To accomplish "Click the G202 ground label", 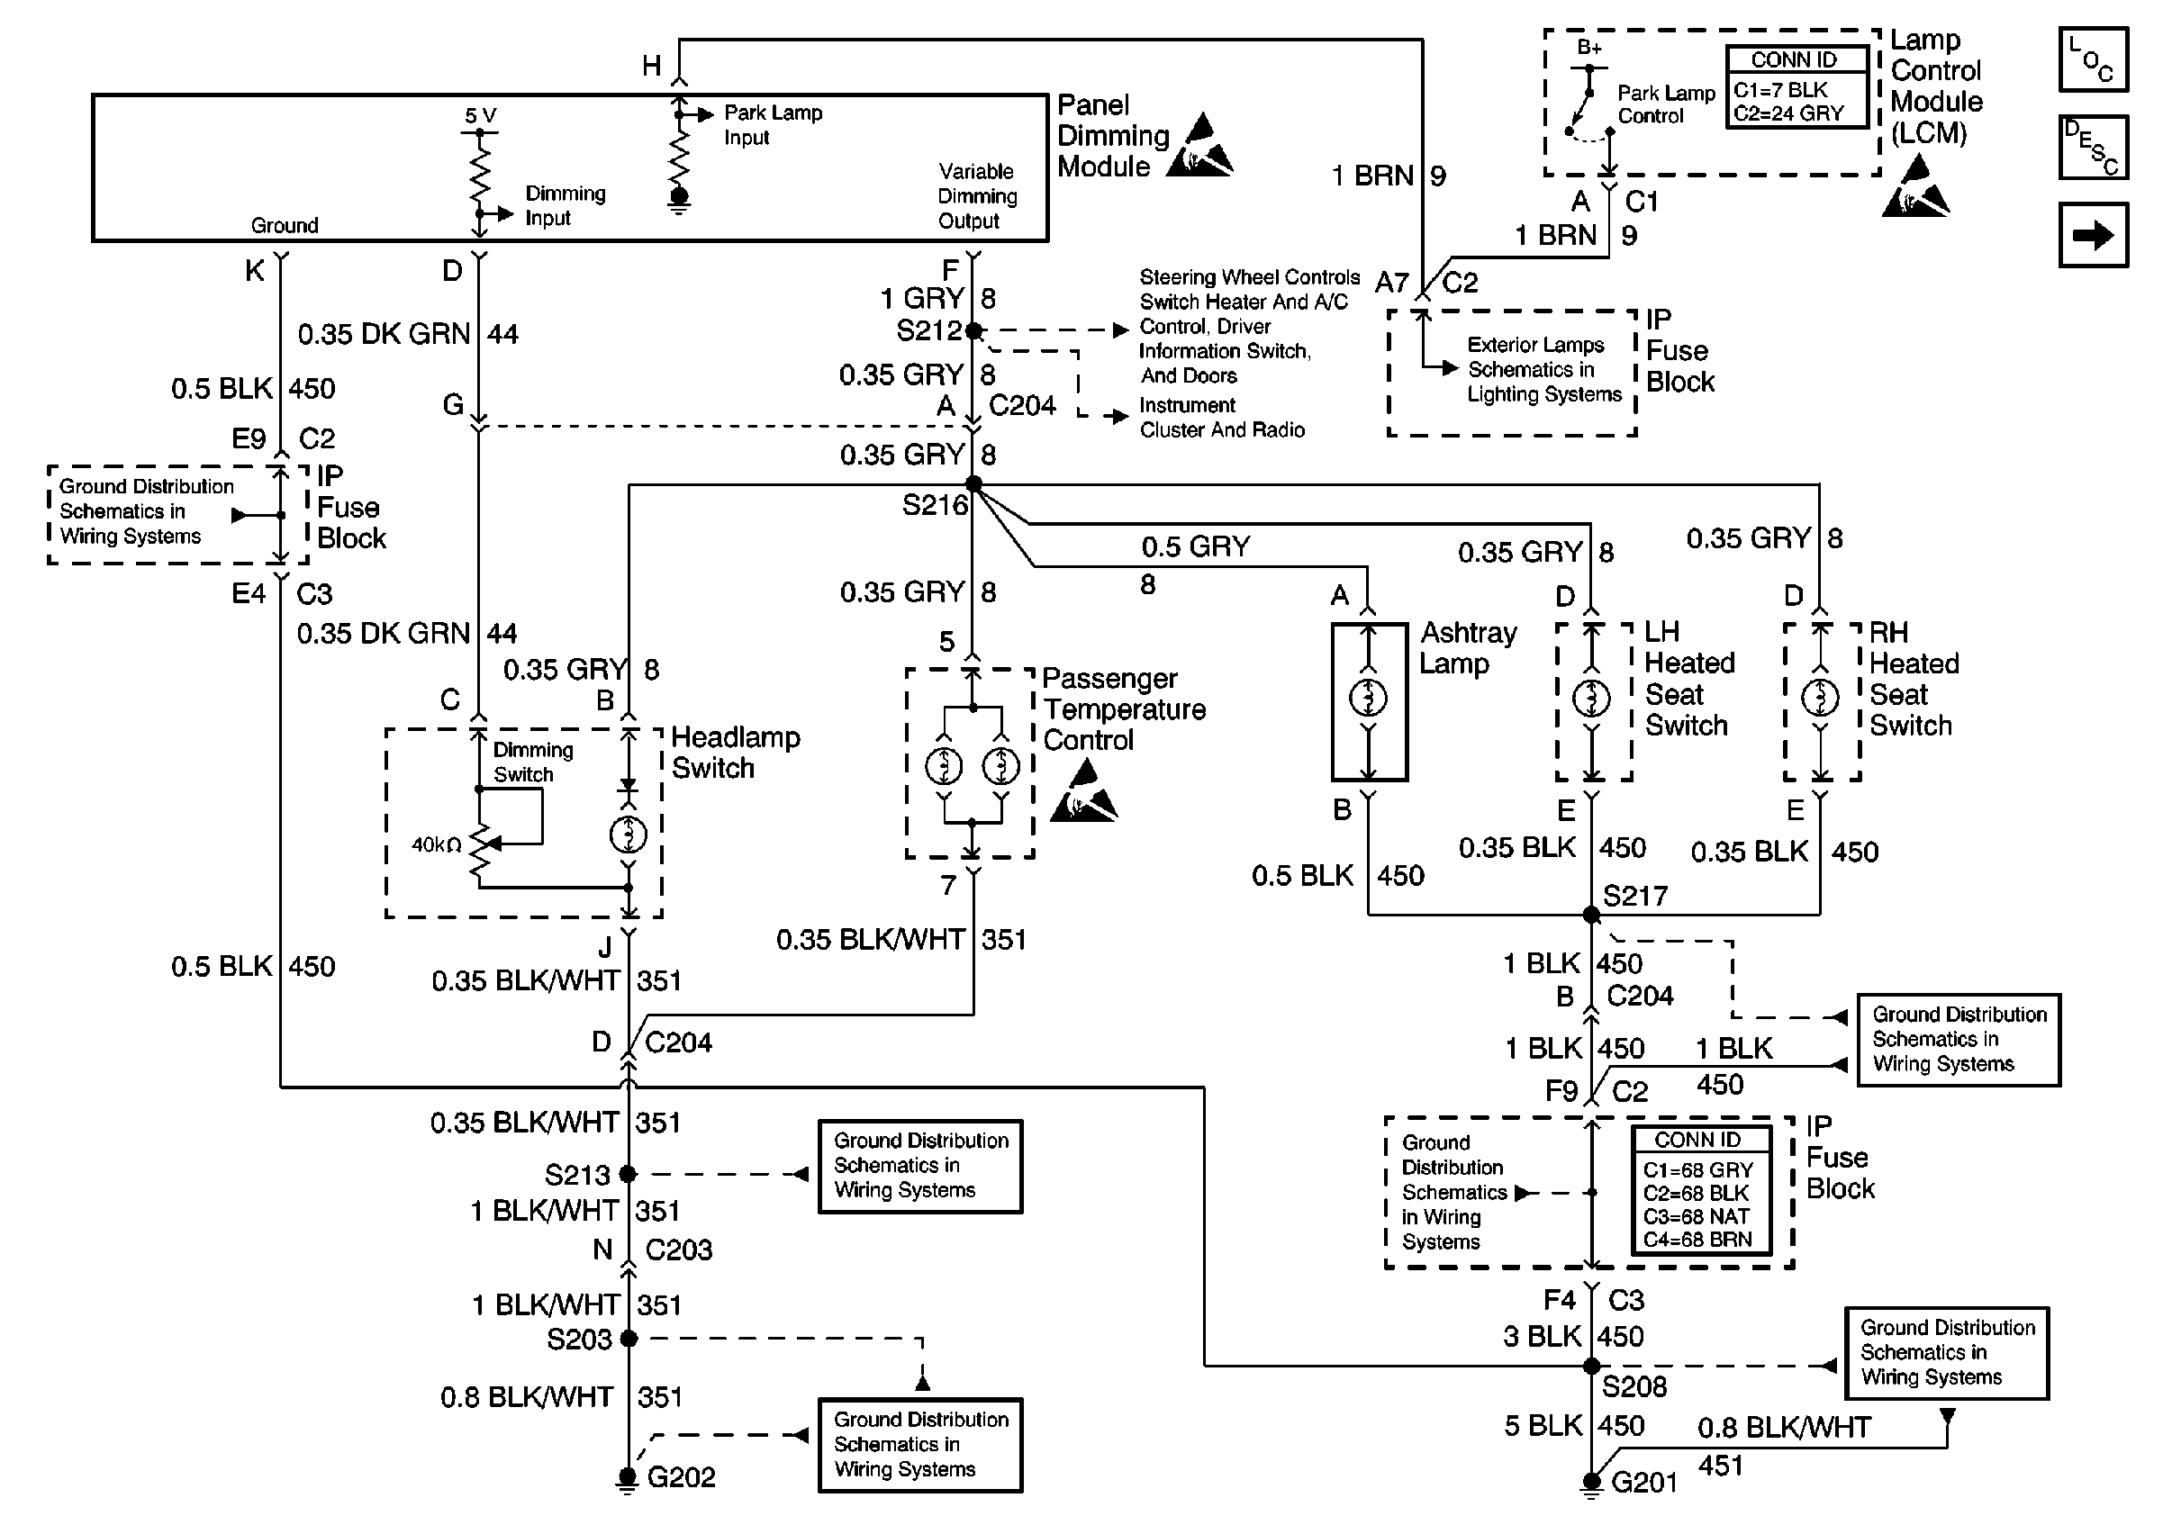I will [x=681, y=1476].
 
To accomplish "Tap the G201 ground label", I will [x=1644, y=1482].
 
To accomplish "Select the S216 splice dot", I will [x=973, y=485].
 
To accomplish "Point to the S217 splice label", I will [x=1635, y=896].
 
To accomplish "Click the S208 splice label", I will [x=1634, y=1386].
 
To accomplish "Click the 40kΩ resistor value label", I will [x=436, y=844].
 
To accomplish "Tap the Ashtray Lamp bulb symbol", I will [x=1368, y=698].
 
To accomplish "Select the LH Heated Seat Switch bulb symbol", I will [x=1592, y=698].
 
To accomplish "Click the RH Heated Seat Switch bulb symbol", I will [x=1820, y=698].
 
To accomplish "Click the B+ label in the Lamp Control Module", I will [x=1589, y=47].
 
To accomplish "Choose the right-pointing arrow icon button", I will [x=2094, y=235].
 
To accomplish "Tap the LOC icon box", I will [x=2094, y=59].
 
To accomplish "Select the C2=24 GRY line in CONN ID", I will [x=1788, y=113].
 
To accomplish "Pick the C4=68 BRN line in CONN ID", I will [x=1697, y=1239].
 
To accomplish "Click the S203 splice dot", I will [x=629, y=1338].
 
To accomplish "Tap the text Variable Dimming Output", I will [x=977, y=196].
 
